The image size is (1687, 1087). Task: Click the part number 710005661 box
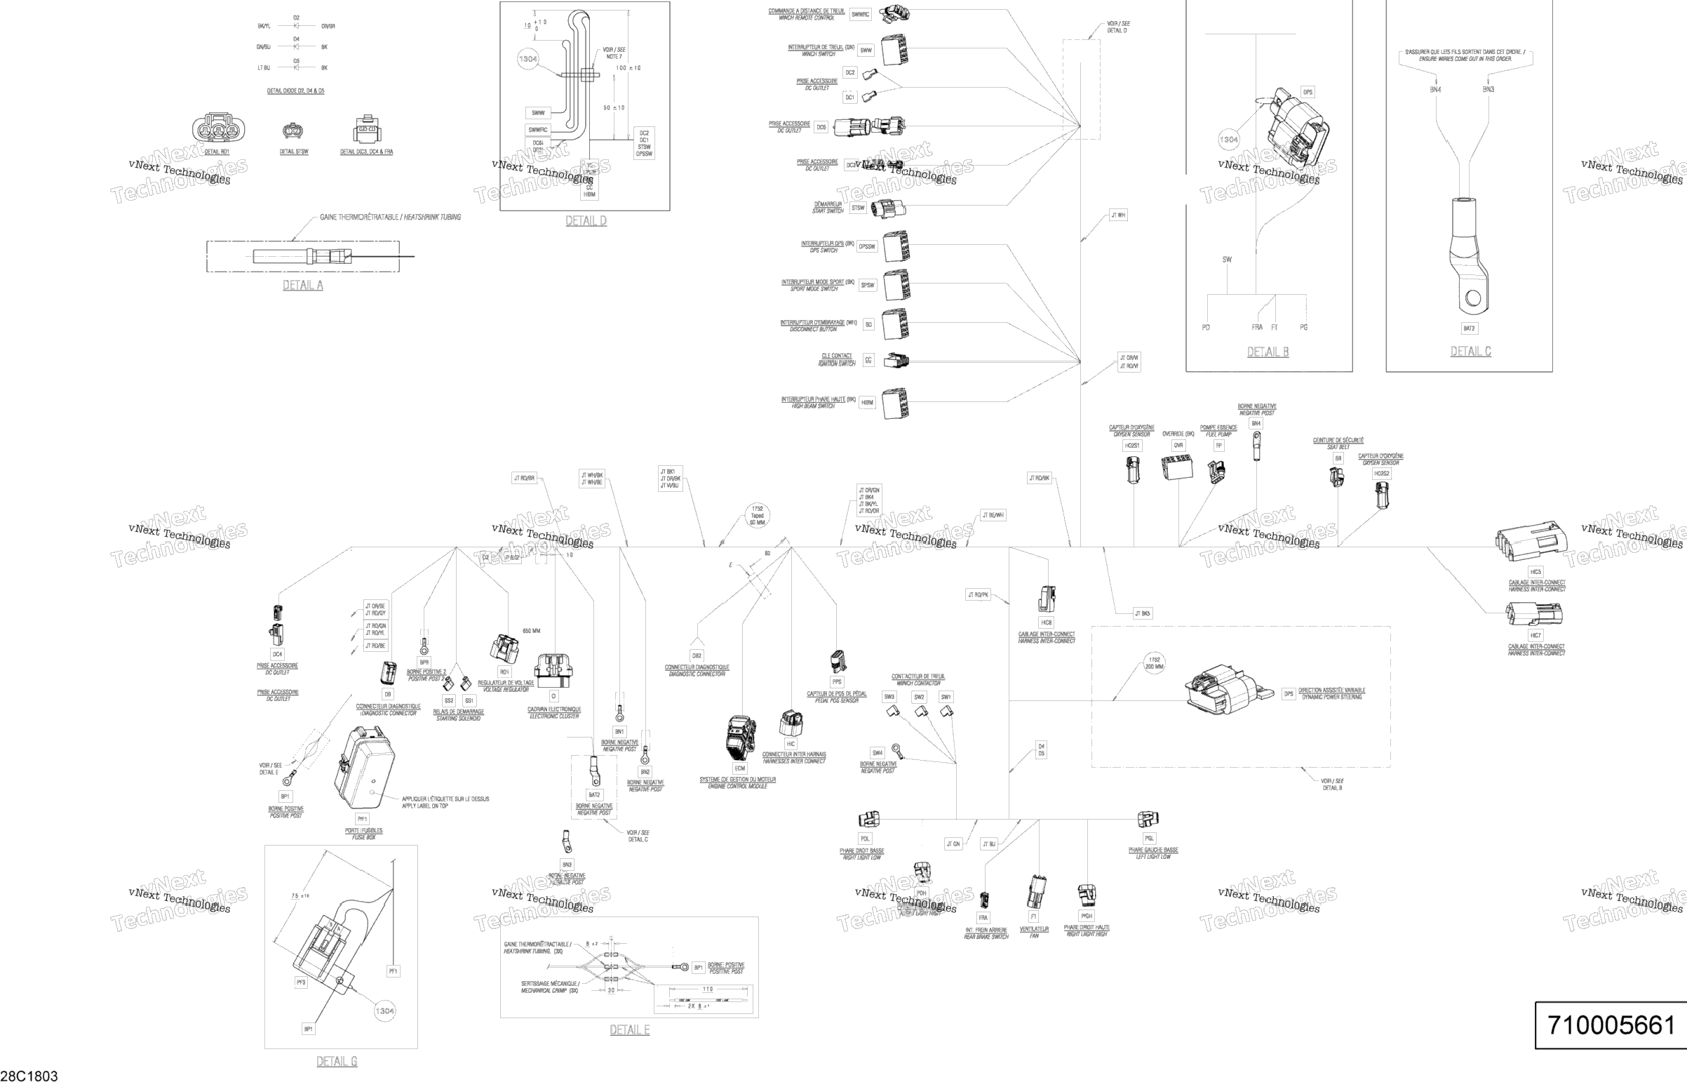coord(1610,1024)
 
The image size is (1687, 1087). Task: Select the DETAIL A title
coord(303,285)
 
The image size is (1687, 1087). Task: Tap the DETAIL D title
coord(586,221)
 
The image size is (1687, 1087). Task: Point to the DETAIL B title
coord(1268,352)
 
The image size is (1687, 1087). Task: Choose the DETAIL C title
coord(1470,351)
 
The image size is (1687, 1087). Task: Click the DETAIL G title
coord(337,1061)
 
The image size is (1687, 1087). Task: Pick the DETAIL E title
coord(629,1030)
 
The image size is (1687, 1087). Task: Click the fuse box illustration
coord(364,769)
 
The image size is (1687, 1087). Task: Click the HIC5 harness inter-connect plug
coord(1531,542)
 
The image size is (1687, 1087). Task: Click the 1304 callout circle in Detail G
coord(384,1011)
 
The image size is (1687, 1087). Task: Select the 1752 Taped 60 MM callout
coord(757,515)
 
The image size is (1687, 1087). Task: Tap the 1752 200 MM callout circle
coord(1155,662)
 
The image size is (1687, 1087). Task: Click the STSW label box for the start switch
coord(858,208)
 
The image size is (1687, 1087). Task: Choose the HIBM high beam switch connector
coord(895,403)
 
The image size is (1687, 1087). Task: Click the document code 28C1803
coord(29,1076)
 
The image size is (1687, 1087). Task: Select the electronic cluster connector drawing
coord(554,669)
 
